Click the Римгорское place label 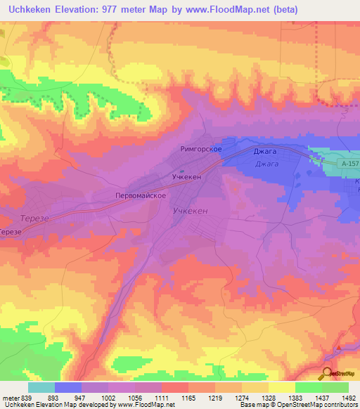tap(201, 149)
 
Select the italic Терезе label tap(34, 219)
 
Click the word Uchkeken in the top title tap(32, 10)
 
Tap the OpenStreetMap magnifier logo tap(328, 374)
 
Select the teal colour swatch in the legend tap(41, 387)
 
